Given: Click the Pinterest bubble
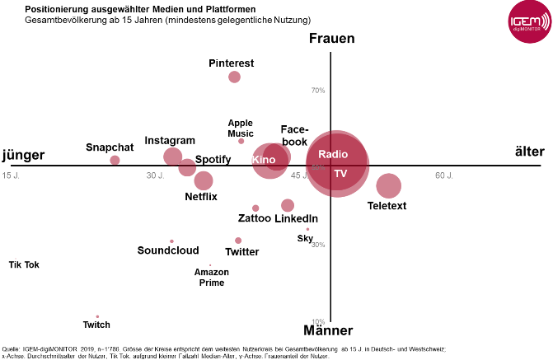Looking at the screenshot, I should click(x=234, y=77).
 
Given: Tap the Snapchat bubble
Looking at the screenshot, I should click(x=115, y=160).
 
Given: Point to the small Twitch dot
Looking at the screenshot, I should click(x=97, y=316).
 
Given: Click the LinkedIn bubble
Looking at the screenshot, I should click(x=288, y=205).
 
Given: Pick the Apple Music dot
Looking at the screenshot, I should click(x=241, y=141).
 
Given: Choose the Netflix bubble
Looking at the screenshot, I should click(x=204, y=180).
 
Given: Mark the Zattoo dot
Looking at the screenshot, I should click(x=255, y=208).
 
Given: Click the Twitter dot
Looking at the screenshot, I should click(x=238, y=241).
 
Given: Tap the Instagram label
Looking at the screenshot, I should click(x=170, y=141).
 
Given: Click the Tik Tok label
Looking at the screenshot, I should click(x=24, y=264).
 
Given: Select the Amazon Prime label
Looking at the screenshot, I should click(x=212, y=278).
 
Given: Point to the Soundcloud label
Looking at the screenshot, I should click(x=168, y=250).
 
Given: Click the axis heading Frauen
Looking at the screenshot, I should click(x=331, y=39).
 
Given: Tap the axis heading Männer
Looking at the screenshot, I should click(x=328, y=331).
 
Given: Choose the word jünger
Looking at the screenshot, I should click(x=23, y=155).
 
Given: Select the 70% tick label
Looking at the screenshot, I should click(x=317, y=91).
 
